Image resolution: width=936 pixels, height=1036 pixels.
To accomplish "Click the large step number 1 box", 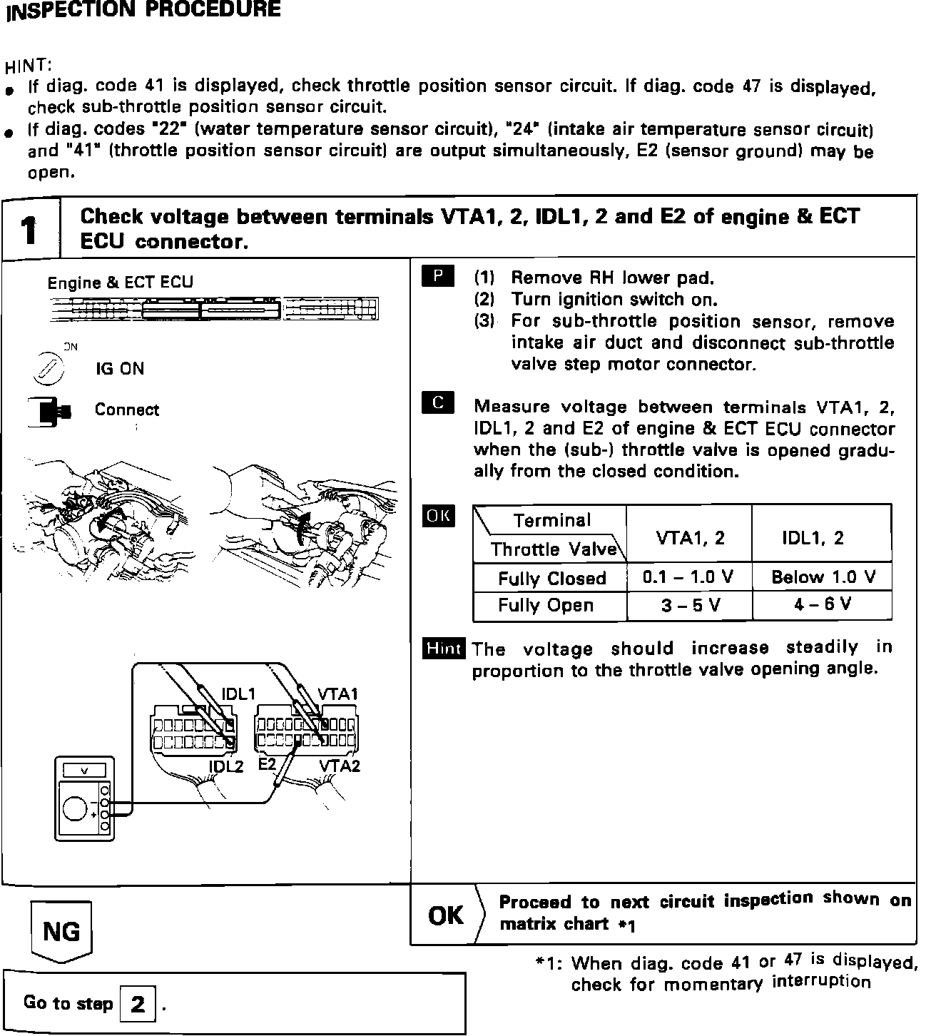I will pyautogui.click(x=29, y=229).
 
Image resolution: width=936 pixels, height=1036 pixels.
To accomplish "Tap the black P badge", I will pyautogui.click(x=438, y=276).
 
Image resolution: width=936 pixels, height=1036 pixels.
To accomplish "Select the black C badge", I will pyautogui.click(x=438, y=404).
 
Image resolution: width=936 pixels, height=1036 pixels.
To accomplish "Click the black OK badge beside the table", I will pyautogui.click(x=438, y=516).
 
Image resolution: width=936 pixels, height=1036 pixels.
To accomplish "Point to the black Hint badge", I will pyautogui.click(x=443, y=649).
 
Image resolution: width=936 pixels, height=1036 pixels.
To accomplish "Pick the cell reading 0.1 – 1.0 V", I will pyautogui.click(x=688, y=577).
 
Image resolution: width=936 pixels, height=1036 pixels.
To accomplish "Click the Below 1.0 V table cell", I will pyautogui.click(x=823, y=577).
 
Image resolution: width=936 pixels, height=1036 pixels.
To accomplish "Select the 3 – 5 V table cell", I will pyautogui.click(x=688, y=606).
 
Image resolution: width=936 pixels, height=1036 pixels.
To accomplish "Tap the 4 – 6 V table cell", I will pyautogui.click(x=823, y=605).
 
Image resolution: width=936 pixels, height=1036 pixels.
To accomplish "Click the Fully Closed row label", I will pyautogui.click(x=551, y=578).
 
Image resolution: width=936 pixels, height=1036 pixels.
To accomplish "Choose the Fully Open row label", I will pyautogui.click(x=546, y=606).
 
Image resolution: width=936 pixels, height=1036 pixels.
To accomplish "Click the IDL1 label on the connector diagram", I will pyautogui.click(x=238, y=694).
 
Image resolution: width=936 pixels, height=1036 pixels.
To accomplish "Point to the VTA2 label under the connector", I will pyautogui.click(x=339, y=766).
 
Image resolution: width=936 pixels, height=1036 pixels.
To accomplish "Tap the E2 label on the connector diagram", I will pyautogui.click(x=267, y=764).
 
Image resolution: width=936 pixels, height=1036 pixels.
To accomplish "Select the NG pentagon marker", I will pyautogui.click(x=61, y=931).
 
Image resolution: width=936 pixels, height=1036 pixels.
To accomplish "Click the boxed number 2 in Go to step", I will pyautogui.click(x=138, y=1004).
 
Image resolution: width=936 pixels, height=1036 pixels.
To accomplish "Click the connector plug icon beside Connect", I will pyautogui.click(x=50, y=411).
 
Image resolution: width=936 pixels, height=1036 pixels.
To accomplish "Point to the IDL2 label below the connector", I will pyautogui.click(x=226, y=767).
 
